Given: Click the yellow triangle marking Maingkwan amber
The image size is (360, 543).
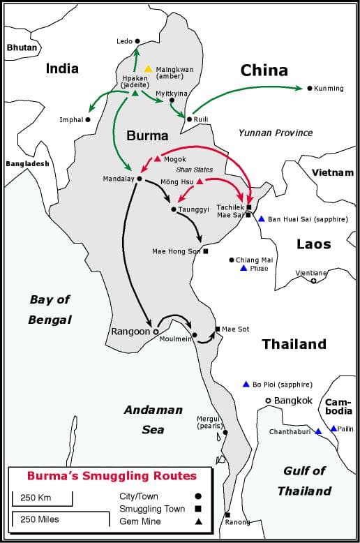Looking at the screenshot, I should click(148, 68).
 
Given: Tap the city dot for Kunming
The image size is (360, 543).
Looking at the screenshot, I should click(308, 89).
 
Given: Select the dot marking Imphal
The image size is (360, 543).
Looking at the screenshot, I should click(88, 119).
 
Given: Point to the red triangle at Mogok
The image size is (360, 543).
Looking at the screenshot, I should click(158, 158).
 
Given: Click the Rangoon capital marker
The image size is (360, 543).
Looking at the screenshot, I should click(156, 332).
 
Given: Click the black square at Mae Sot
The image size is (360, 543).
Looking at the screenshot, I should click(218, 329).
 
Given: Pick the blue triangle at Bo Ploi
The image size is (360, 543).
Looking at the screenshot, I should click(246, 384).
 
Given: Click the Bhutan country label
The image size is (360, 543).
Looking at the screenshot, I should click(20, 47).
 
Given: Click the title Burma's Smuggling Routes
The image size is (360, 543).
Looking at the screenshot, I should click(112, 477).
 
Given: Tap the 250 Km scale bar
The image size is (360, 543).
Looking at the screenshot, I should click(42, 498).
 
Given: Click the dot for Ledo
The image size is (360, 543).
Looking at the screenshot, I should click(137, 41).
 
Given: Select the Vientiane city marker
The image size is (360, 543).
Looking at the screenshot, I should click(313, 281).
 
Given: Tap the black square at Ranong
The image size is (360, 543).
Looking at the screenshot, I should click(227, 515).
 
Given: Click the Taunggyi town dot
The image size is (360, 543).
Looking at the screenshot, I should click(173, 209).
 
